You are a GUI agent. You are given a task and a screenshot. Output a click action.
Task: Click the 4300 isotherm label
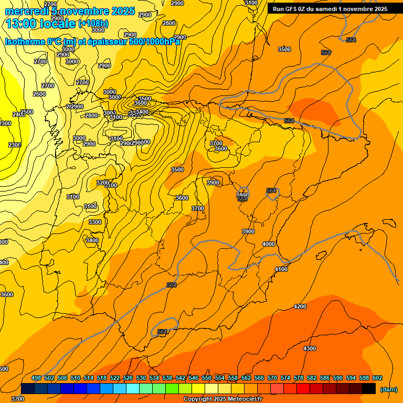click(x=310, y=348)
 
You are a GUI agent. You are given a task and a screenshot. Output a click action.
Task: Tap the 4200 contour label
click(x=300, y=306)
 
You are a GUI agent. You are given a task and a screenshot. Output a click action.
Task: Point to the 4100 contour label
click(x=281, y=269)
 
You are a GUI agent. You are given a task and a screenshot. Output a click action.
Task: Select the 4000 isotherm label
click(x=269, y=244)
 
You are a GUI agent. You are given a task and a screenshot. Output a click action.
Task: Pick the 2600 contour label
click(x=39, y=94)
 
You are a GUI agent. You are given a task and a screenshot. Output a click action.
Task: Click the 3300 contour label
click(x=95, y=222)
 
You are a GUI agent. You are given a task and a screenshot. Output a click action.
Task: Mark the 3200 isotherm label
click(x=103, y=183)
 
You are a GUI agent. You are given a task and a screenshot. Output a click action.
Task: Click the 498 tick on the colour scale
click(x=36, y=378)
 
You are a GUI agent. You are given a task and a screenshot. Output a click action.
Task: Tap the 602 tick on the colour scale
click(x=377, y=378)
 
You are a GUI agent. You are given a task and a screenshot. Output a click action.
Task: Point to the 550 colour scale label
click(x=207, y=378)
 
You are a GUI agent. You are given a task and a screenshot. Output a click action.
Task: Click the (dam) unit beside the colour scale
click(x=389, y=389)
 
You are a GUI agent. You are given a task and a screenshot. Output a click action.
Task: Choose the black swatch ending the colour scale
click(x=369, y=389)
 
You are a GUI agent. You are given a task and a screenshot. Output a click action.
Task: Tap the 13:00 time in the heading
click(x=20, y=24)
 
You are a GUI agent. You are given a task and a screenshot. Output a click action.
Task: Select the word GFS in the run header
click(x=294, y=9)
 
